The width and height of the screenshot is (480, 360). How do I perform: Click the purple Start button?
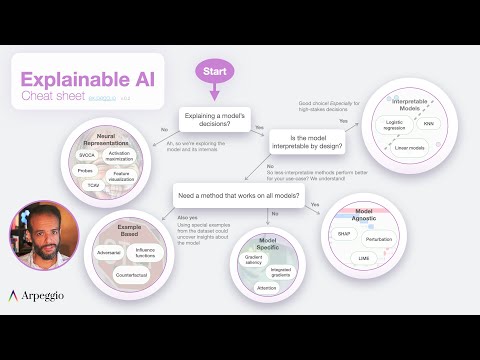(x=214, y=72)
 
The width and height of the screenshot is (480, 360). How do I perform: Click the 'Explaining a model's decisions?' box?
(x=216, y=121)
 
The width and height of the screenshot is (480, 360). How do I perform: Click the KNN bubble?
(x=429, y=124)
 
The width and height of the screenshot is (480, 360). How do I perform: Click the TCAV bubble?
(x=93, y=186)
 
